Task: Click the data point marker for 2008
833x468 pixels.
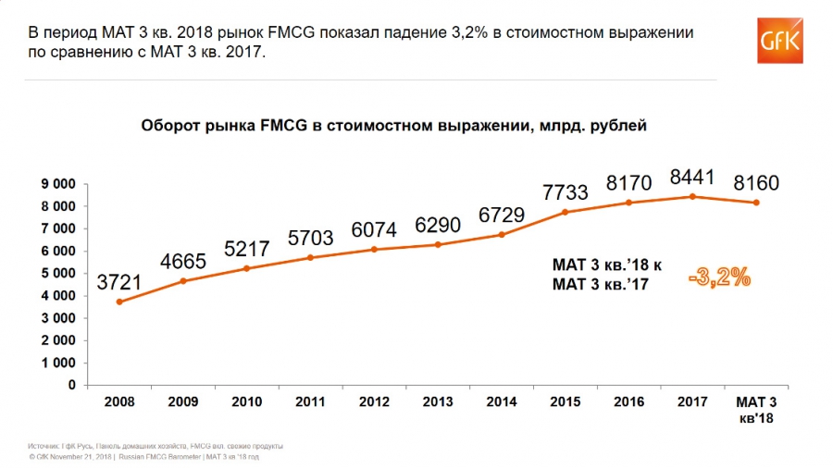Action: point(119,302)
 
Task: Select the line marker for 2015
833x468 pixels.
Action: point(566,212)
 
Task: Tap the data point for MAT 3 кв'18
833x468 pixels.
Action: point(756,203)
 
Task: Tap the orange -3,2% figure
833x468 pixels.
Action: point(719,276)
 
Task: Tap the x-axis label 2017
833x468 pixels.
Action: point(692,403)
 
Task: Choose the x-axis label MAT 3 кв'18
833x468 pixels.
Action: point(756,410)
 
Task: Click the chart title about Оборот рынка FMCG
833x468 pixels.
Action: point(393,125)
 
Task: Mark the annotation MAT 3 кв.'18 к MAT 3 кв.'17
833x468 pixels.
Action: point(607,276)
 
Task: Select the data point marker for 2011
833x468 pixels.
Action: point(311,257)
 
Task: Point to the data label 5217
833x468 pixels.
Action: point(247,247)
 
